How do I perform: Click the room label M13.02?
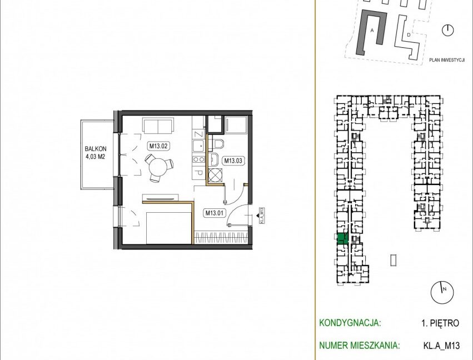point(158,146)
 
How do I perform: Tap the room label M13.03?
point(233,161)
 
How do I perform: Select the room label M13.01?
point(214,213)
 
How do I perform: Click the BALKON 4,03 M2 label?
point(95,153)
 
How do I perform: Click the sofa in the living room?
point(158,126)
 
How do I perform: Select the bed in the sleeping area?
point(169,228)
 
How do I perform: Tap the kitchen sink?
point(198,147)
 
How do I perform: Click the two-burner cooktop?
point(198,159)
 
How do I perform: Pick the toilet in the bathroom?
point(217,143)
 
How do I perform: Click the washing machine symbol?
point(215,176)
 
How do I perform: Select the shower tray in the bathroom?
point(236,124)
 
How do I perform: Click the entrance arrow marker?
point(257,216)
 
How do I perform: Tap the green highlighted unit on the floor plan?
point(342,238)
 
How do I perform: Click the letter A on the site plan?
point(372,30)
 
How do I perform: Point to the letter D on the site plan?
point(409,34)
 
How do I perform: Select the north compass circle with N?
point(442,292)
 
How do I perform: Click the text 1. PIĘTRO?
point(440,323)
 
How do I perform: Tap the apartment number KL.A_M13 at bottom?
point(442,345)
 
